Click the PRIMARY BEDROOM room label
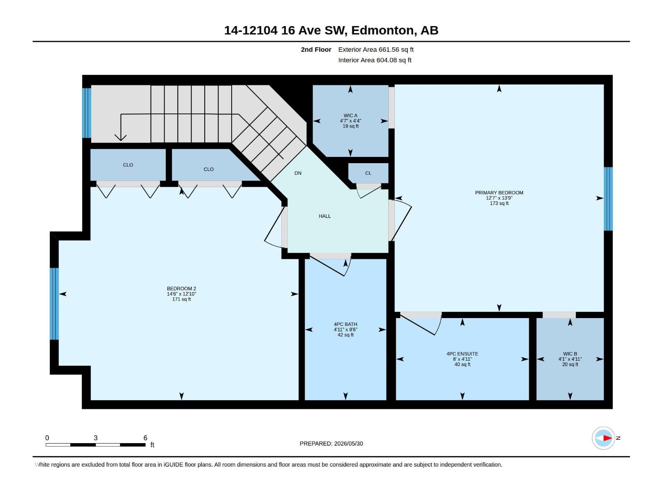pos(498,193)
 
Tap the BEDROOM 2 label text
pos(181,289)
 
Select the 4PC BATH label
pos(345,324)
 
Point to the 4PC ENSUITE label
pos(462,354)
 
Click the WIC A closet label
pos(351,116)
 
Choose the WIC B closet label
pos(570,354)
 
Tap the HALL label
pos(325,216)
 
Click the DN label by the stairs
pos(298,173)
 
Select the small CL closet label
pos(368,173)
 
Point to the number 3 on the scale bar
pos(95,438)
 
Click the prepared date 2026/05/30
pos(348,444)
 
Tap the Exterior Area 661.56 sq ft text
pos(376,49)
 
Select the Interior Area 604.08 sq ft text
pos(375,60)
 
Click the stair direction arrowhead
pos(121,138)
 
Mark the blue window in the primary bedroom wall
pos(608,199)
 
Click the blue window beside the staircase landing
pos(87,113)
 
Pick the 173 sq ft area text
pos(499,203)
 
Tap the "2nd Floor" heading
pos(316,49)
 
